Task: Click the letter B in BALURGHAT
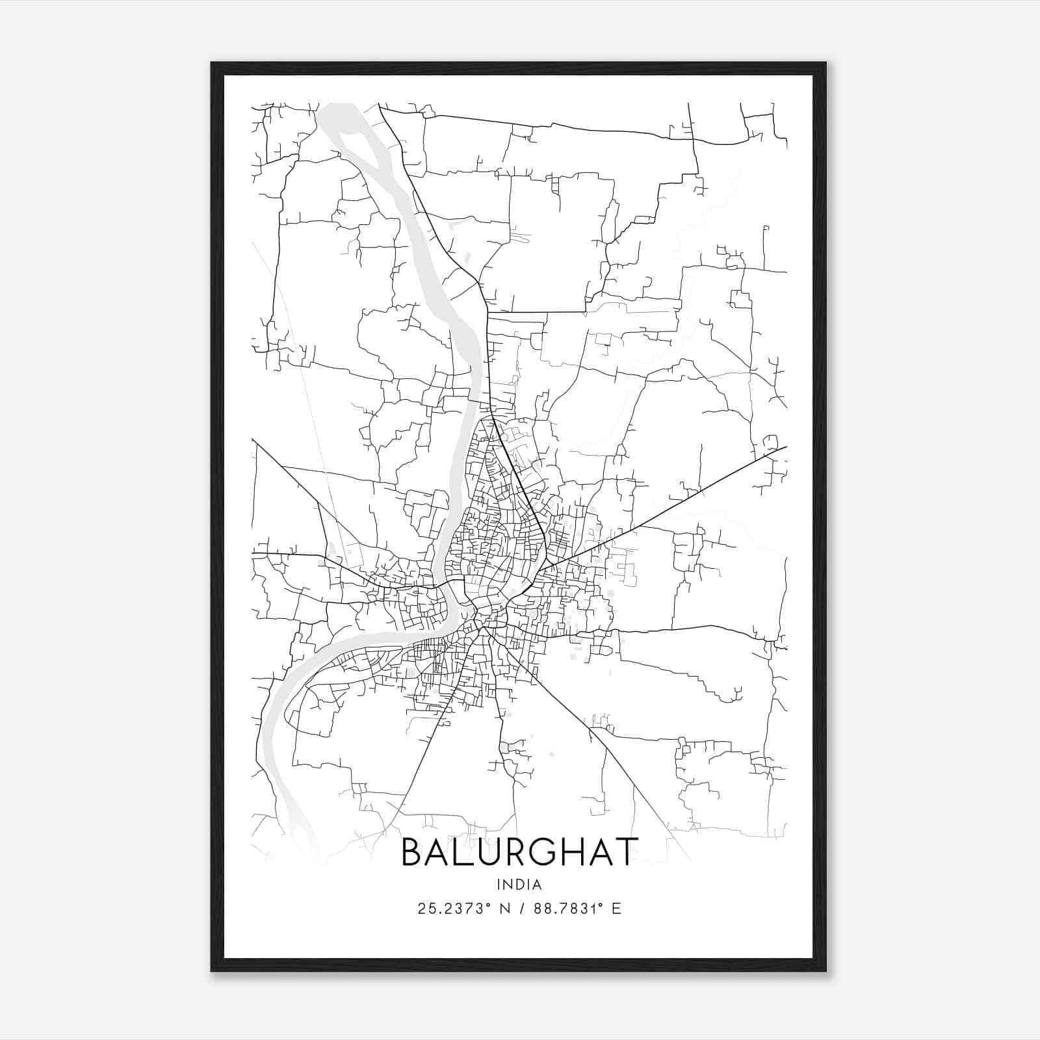[x=413, y=852]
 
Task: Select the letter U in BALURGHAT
[x=496, y=852]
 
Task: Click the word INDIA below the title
[x=519, y=885]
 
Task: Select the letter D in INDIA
[x=519, y=885]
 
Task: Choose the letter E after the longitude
[x=616, y=909]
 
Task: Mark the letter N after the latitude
[x=504, y=909]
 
